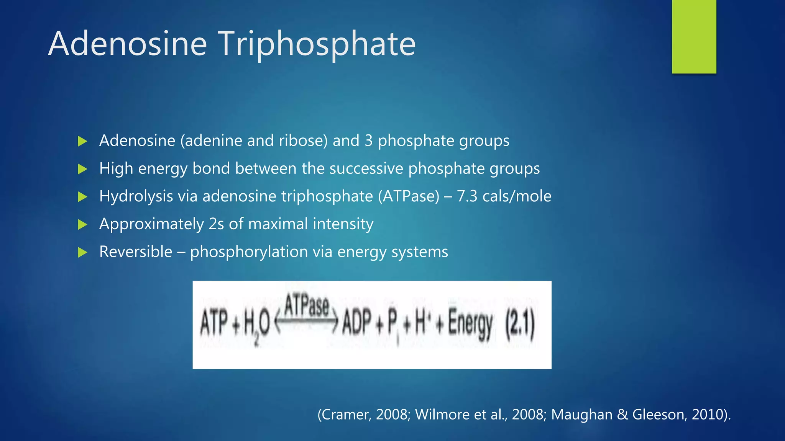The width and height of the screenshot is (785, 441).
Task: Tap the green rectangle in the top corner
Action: pyautogui.click(x=694, y=36)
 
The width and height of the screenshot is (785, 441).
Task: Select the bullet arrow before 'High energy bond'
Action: pyautogui.click(x=82, y=169)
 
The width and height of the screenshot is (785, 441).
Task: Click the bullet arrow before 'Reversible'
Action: pyautogui.click(x=82, y=252)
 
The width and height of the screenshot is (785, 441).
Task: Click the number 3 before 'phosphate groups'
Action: pyautogui.click(x=368, y=140)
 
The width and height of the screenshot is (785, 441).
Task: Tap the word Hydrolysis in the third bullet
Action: pyautogui.click(x=136, y=196)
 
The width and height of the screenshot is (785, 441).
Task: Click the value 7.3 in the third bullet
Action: pyautogui.click(x=467, y=196)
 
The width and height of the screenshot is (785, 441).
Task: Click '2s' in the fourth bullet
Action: pyautogui.click(x=216, y=224)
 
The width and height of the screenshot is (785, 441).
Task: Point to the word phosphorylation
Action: pyautogui.click(x=249, y=252)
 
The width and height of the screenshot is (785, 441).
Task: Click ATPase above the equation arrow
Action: pyautogui.click(x=307, y=306)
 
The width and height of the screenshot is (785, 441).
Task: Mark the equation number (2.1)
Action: pyautogui.click(x=520, y=323)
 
